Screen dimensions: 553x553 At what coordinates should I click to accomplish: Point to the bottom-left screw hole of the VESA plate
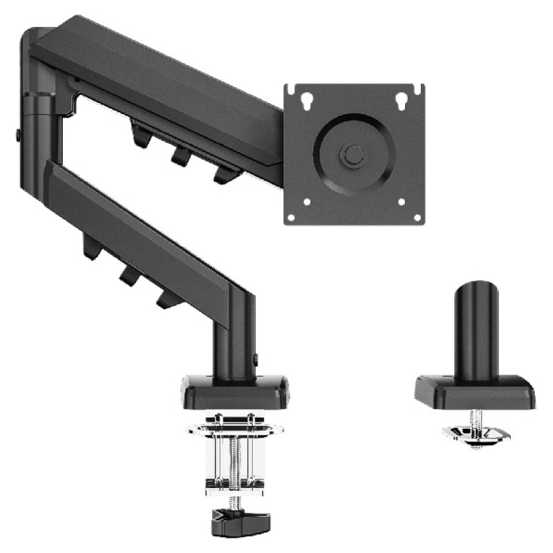click(291, 217)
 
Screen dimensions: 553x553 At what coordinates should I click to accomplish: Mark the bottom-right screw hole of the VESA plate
click(417, 217)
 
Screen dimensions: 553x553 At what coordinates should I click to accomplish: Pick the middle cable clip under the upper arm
click(182, 155)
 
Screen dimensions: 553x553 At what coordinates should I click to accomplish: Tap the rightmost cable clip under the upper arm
click(224, 174)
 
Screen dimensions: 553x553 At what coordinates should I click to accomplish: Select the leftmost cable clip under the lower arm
click(91, 247)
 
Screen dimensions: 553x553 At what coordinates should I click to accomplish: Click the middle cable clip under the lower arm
click(128, 275)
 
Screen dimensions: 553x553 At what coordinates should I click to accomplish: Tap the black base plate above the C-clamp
click(235, 391)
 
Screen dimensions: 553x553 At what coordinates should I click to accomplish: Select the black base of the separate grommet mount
click(475, 392)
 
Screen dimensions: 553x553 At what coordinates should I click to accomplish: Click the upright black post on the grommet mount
click(476, 325)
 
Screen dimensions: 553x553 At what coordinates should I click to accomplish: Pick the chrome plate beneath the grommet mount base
click(476, 433)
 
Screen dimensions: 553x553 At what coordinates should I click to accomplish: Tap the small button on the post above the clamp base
click(256, 359)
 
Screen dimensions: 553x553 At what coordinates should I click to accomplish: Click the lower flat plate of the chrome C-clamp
click(234, 484)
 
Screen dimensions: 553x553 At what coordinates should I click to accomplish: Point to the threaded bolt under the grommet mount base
click(475, 418)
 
